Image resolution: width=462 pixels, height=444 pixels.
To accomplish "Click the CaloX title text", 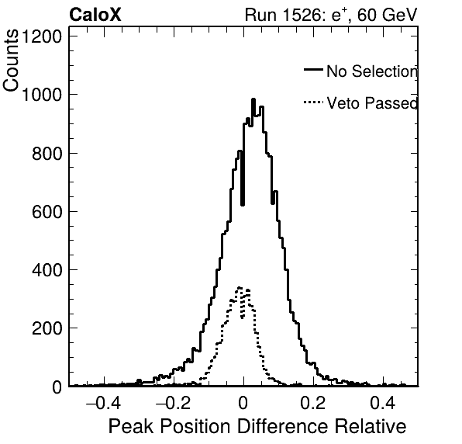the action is (x=95, y=15).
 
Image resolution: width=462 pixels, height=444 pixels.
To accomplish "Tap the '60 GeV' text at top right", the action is (x=388, y=15).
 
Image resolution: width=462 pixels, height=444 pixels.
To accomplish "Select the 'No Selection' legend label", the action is (x=372, y=71).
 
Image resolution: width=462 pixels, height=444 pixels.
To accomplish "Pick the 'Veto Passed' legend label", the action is (x=372, y=103).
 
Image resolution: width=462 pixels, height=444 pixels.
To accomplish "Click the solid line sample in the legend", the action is (x=313, y=69).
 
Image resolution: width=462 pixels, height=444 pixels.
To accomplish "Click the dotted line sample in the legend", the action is (x=313, y=102).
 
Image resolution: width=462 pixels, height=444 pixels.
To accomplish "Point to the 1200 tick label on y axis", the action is (x=42, y=36).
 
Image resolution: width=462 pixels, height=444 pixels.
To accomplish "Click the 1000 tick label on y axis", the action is (x=42, y=95).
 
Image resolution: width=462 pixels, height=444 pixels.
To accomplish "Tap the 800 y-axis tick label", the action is (x=47, y=154).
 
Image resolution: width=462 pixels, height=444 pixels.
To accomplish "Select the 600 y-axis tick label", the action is (x=47, y=212).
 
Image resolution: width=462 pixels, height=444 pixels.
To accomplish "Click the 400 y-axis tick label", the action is (x=47, y=270).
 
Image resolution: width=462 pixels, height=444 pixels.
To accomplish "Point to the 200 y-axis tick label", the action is (x=47, y=328).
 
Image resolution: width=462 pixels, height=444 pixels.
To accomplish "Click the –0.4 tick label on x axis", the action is (x=103, y=403).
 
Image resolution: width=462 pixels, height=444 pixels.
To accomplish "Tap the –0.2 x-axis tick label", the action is (x=173, y=403).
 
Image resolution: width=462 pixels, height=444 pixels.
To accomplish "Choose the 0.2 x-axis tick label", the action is (x=313, y=403).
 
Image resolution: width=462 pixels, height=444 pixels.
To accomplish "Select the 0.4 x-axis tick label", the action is (x=383, y=403).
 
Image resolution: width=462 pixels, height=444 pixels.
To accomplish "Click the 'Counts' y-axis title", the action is (x=11, y=61).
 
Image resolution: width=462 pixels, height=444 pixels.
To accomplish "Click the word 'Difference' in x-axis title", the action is (x=283, y=427).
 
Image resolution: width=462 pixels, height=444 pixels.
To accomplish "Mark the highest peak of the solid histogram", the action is (x=253, y=99).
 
